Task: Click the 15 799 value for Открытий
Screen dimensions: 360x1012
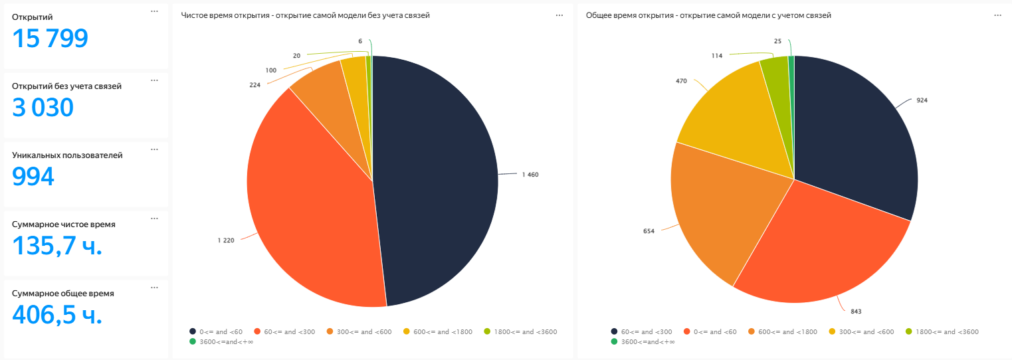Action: [x=51, y=39]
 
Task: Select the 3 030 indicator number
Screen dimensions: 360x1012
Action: [x=43, y=108]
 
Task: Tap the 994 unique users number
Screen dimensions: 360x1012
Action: [x=34, y=177]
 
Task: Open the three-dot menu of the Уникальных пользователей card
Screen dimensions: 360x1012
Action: [x=154, y=149]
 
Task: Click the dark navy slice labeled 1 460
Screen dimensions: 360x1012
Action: [x=439, y=179]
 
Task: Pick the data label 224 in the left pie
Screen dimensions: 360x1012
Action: [x=254, y=84]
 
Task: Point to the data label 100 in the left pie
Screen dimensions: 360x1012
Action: [x=271, y=70]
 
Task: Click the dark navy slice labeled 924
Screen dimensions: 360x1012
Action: [x=857, y=133]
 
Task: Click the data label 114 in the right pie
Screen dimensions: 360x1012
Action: [x=716, y=56]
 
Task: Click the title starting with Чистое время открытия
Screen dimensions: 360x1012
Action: [x=305, y=15]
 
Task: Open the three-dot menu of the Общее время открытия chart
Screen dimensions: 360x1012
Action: [x=997, y=15]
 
